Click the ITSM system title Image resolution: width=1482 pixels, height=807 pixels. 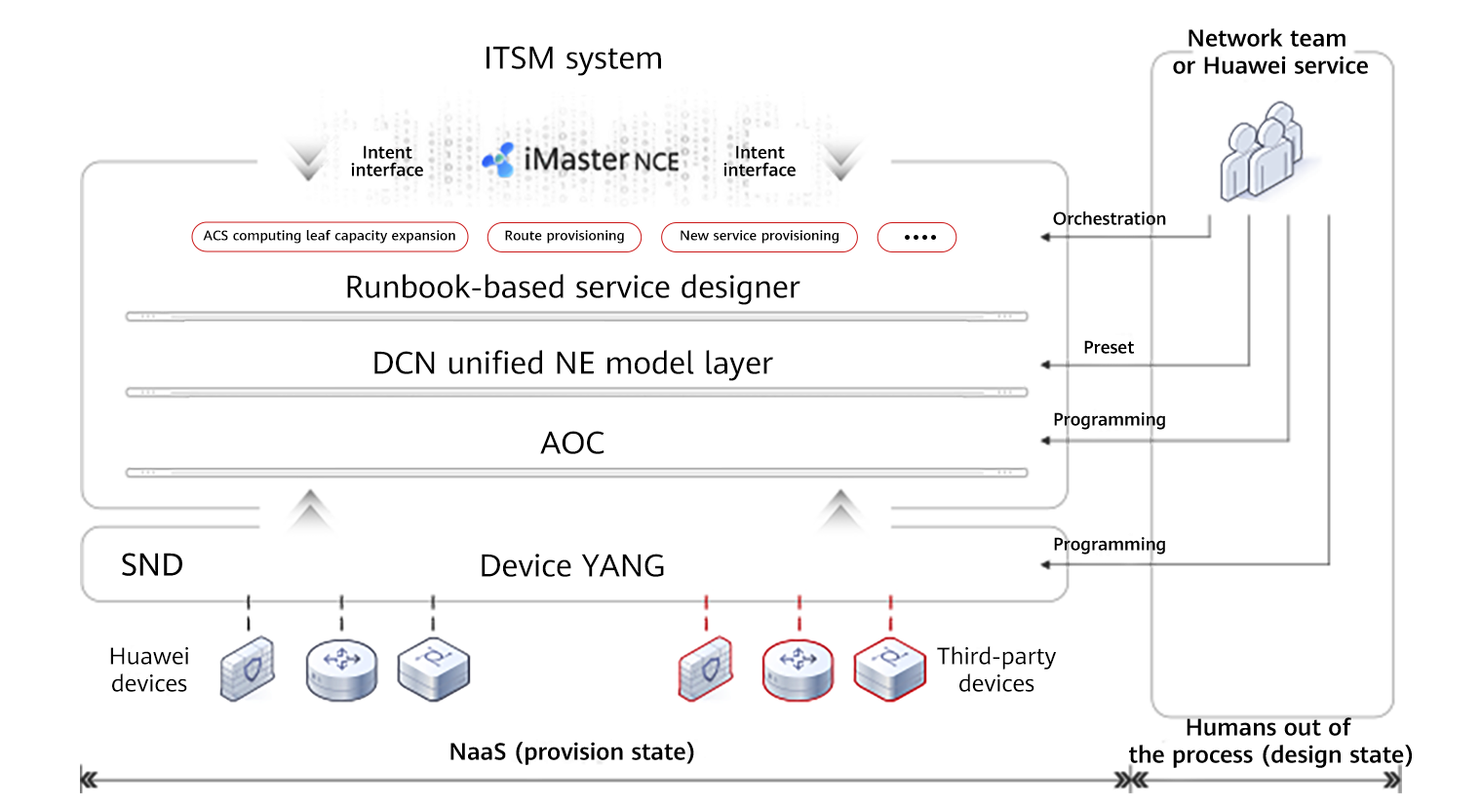click(x=573, y=58)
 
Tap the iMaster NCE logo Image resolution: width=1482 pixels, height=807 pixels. click(x=582, y=159)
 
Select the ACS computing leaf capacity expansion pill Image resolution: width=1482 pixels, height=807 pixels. click(x=330, y=237)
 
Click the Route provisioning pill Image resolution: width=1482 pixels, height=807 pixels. click(x=564, y=237)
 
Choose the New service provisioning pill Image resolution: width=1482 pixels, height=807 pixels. click(x=759, y=237)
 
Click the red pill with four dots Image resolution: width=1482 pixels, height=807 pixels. click(x=916, y=237)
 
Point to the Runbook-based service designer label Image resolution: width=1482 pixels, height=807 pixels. click(x=572, y=288)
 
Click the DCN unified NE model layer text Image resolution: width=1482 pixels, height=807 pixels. click(x=572, y=364)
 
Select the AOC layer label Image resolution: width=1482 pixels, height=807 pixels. click(x=572, y=443)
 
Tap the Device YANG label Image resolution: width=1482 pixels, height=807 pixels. click(x=572, y=566)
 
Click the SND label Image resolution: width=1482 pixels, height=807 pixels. click(x=151, y=565)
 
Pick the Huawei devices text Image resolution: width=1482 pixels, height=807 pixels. click(x=149, y=670)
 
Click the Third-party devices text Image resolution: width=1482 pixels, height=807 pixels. click(x=996, y=670)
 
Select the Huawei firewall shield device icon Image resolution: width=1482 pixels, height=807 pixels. click(x=248, y=669)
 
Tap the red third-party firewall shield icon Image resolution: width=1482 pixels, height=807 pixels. click(x=706, y=669)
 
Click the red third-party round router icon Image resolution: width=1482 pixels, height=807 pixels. click(x=798, y=670)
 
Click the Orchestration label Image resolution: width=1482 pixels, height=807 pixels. click(x=1110, y=219)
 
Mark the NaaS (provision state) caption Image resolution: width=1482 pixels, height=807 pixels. click(x=572, y=752)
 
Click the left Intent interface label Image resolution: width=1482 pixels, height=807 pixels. click(x=387, y=162)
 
